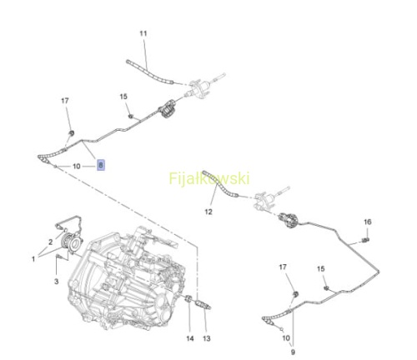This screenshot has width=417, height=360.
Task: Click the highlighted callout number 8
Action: coord(101,165)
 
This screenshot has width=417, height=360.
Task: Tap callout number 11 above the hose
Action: coord(143,33)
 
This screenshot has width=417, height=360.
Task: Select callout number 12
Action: coord(208,212)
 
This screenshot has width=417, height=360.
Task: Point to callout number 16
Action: coord(368,222)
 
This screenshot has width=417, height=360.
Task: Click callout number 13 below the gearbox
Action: coord(207,338)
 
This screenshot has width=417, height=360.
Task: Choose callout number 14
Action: coord(190,338)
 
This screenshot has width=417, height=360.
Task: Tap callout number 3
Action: coord(57,282)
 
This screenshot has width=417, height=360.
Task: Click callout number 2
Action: coord(50,242)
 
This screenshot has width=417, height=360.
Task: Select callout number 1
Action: coord(33,259)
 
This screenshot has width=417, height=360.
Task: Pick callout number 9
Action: coord(293,352)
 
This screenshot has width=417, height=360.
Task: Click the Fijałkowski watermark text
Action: coord(209,178)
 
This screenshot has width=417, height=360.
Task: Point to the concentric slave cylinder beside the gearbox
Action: coord(72,242)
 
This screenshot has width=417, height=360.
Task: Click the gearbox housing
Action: coord(127,277)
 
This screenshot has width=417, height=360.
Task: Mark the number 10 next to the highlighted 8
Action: coord(77,167)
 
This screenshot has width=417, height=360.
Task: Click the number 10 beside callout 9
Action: coord(286,338)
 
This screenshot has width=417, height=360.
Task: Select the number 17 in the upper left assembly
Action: coord(65,101)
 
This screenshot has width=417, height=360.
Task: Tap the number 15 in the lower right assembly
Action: coord(321,269)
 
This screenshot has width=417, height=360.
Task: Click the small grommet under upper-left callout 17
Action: coord(71,133)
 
